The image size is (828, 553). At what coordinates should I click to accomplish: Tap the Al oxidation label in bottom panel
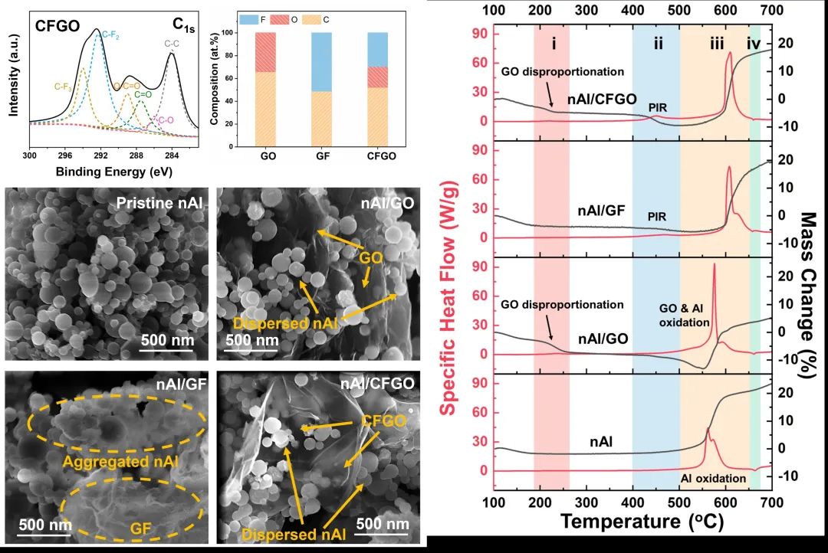(713, 479)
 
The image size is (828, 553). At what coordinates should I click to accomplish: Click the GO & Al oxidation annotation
(685, 313)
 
